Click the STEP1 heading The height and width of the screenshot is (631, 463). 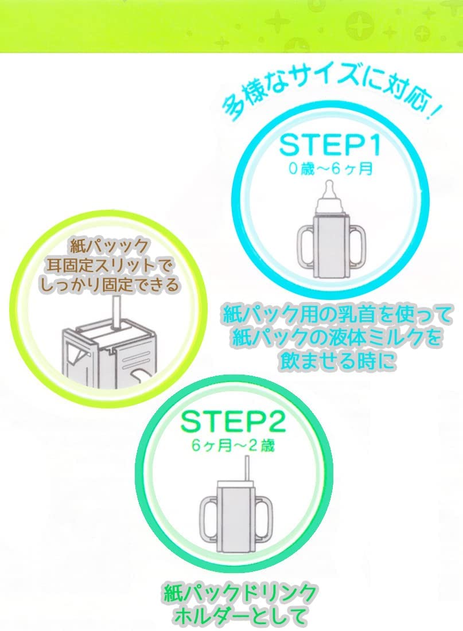tap(330, 145)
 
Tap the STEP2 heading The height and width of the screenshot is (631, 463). tap(233, 422)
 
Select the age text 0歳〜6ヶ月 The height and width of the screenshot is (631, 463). tap(330, 169)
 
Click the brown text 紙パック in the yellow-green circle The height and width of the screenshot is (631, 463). tap(110, 246)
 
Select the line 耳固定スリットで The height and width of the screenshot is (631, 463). tap(110, 265)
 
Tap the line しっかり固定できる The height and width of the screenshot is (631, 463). tap(110, 285)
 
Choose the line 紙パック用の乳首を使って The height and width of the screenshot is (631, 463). tap(338, 314)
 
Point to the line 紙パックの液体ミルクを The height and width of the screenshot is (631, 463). tap(337, 338)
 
